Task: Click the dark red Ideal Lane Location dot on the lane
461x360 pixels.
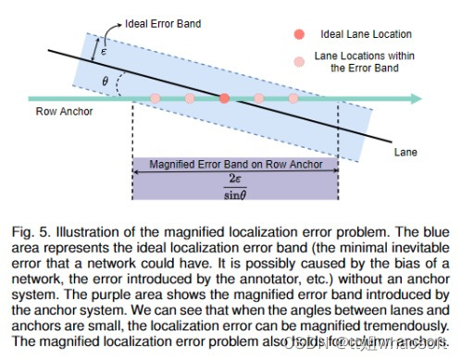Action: point(224,97)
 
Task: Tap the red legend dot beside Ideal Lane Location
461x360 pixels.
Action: point(299,34)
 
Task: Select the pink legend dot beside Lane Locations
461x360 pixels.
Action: point(299,61)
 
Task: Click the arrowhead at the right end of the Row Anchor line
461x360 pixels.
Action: point(417,97)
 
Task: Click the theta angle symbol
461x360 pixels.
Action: point(106,82)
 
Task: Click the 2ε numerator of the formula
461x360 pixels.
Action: point(234,177)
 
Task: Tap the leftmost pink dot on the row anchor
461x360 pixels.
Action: point(156,97)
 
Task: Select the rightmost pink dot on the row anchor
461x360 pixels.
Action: point(293,97)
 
